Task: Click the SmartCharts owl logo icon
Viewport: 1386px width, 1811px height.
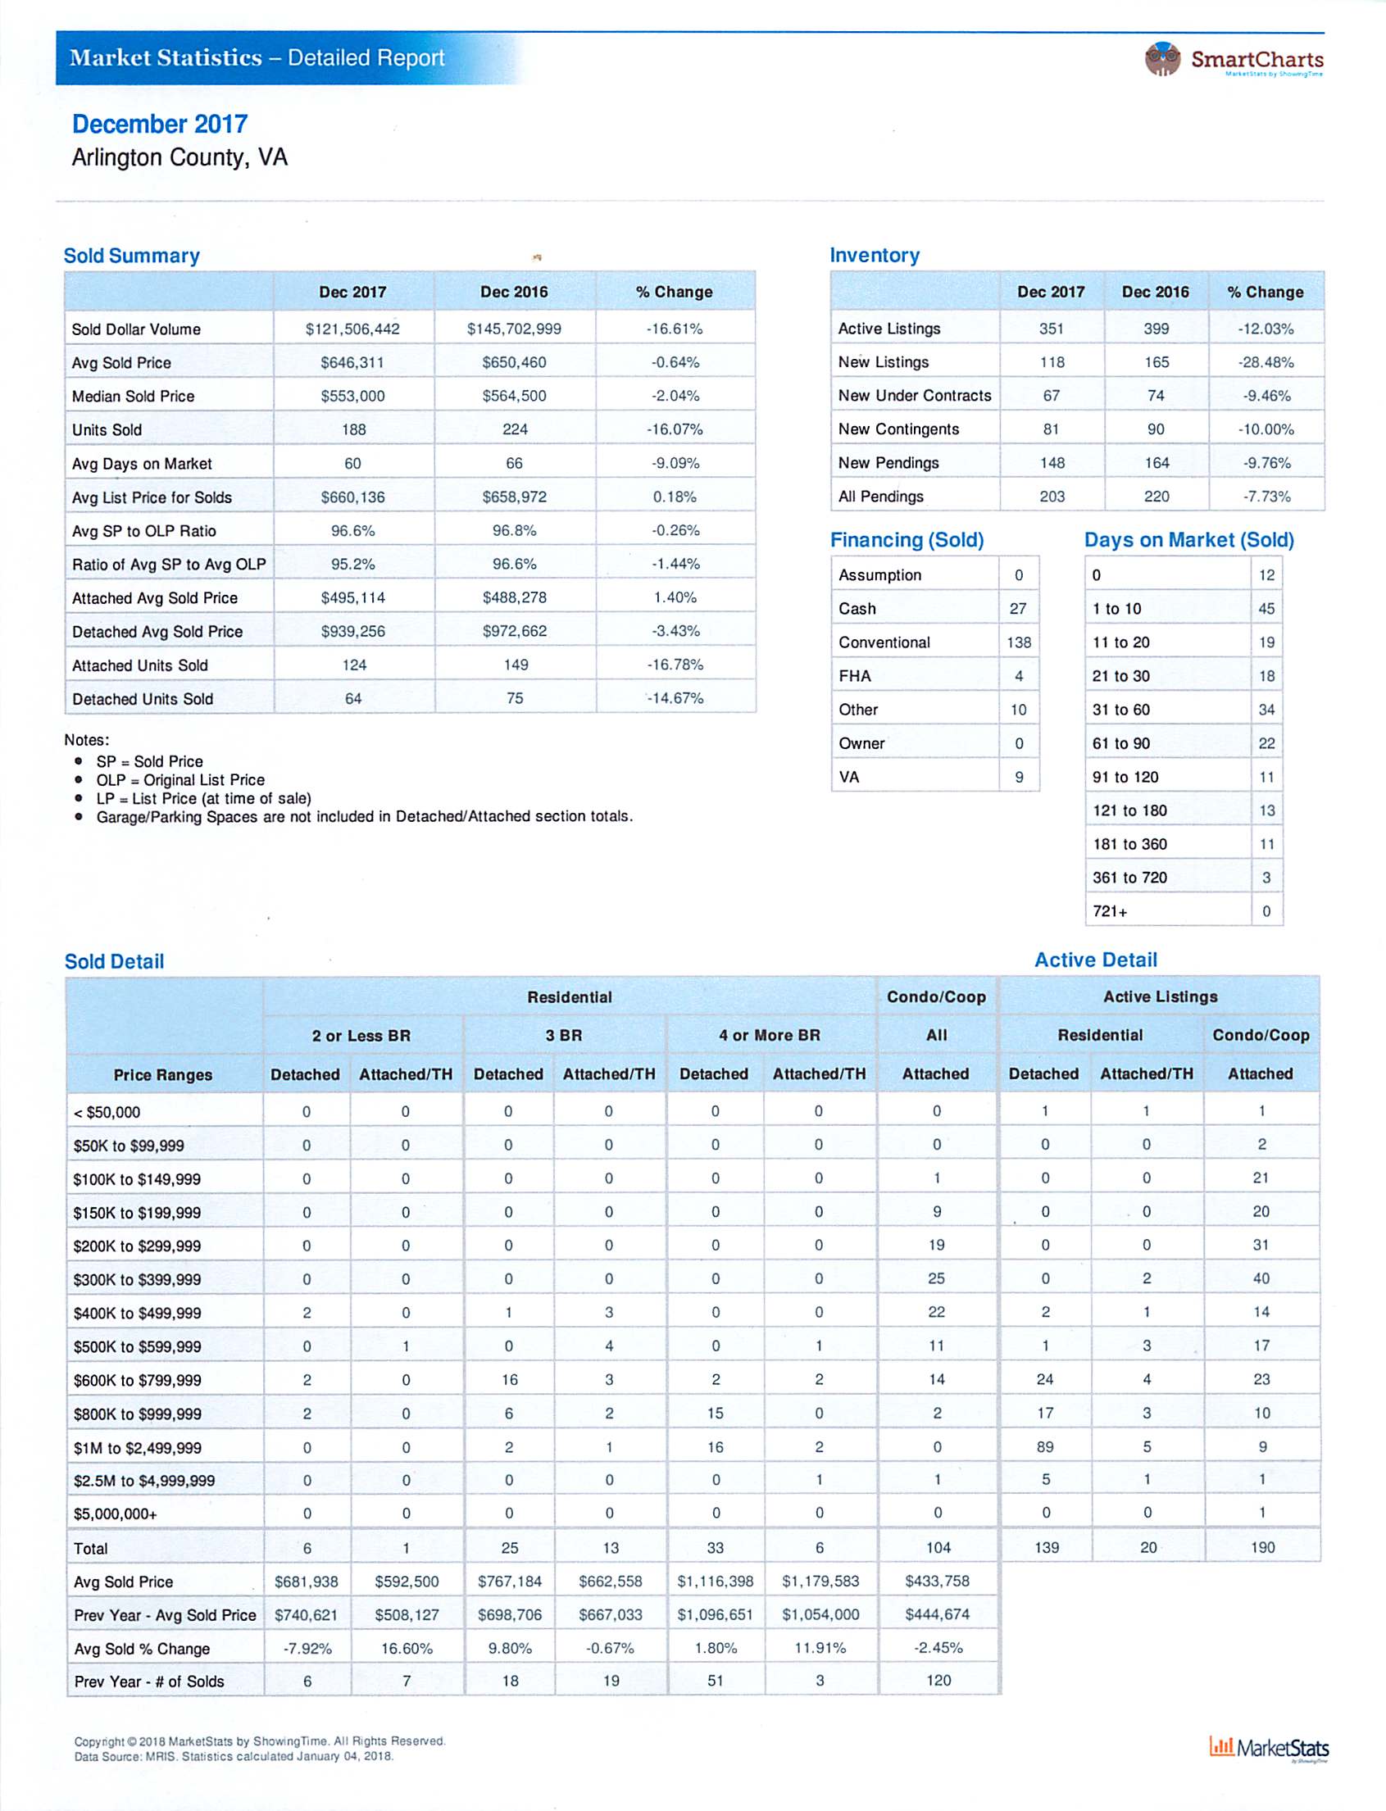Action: [1163, 58]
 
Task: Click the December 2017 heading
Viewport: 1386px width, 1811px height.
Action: [159, 124]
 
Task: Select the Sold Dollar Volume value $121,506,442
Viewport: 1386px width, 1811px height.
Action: [352, 329]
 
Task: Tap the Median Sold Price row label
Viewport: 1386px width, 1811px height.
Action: [133, 396]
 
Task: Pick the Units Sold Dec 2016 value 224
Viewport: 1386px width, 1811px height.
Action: [515, 429]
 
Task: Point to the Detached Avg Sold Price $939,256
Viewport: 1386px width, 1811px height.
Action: [352, 631]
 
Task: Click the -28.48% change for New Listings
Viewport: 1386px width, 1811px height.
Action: [1266, 362]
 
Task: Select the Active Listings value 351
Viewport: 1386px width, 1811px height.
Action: [1051, 329]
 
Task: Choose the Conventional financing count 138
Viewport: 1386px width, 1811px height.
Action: [1019, 642]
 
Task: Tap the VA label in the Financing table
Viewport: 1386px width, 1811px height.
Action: [849, 777]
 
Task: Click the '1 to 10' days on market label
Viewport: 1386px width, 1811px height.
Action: [1116, 609]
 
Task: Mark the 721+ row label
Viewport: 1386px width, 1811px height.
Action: [1110, 911]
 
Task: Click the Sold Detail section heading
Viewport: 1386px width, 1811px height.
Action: [114, 961]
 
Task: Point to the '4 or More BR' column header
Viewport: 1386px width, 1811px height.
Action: [769, 1035]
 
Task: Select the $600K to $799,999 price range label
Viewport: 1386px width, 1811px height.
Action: [137, 1380]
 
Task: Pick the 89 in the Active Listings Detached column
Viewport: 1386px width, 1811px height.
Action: [1045, 1446]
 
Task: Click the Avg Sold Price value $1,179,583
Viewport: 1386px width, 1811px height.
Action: [820, 1581]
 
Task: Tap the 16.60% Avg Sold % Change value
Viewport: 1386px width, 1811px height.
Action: [406, 1648]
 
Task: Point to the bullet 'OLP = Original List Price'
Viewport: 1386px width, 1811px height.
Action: [179, 779]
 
